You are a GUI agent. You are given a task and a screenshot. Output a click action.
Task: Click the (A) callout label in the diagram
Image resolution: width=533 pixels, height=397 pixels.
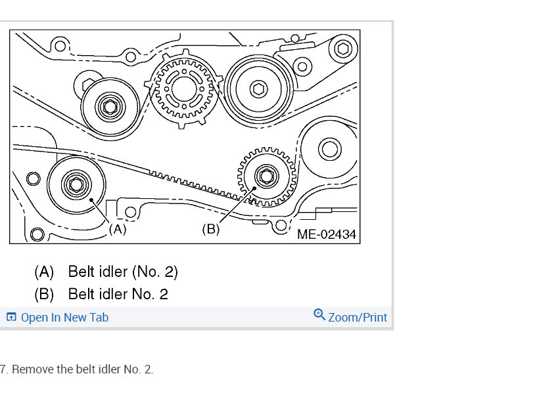coord(118,229)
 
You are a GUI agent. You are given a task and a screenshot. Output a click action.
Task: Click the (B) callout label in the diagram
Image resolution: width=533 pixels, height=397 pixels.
coord(211,229)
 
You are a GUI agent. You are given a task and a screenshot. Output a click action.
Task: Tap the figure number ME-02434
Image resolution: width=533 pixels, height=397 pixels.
coord(327,234)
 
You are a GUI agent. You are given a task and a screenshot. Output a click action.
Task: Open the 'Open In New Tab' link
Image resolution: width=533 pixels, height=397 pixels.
coord(64,317)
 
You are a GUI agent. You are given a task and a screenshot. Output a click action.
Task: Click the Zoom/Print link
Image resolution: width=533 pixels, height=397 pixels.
coord(358,317)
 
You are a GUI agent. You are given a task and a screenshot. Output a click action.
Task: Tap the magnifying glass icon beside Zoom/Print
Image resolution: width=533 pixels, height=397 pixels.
coord(319,314)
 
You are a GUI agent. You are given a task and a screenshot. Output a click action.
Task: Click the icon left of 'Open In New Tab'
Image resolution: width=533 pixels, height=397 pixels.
coord(11,317)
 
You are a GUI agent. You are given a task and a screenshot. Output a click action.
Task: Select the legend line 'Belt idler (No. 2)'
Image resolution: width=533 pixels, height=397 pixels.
coord(123,272)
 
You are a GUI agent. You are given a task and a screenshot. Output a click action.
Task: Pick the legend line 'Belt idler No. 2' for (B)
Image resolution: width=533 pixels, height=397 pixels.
coord(118,294)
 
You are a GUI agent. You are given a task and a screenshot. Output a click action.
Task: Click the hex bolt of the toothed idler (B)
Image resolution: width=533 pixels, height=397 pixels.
coord(266,176)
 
